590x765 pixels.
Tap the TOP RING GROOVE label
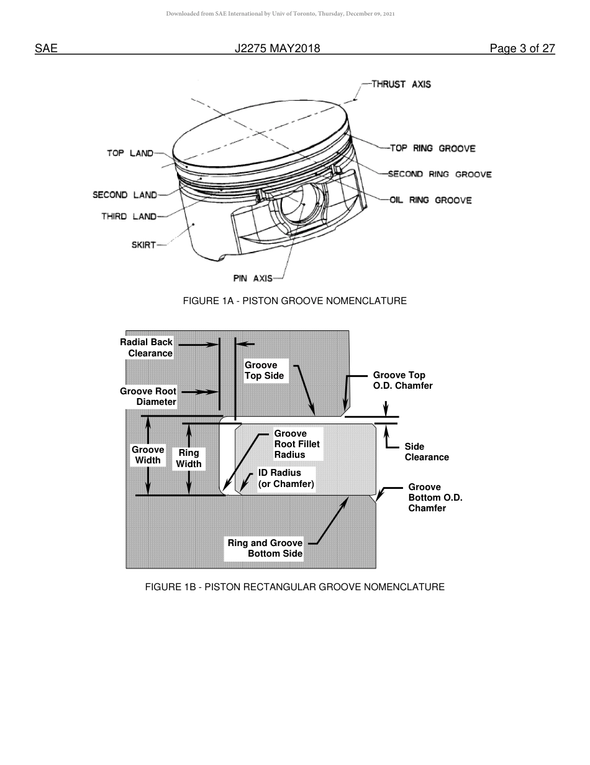pyautogui.click(x=432, y=148)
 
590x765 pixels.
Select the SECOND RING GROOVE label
pyautogui.click(x=440, y=174)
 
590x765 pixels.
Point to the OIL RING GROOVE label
pyautogui.click(x=430, y=200)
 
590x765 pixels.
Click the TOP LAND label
pyautogui.click(x=130, y=153)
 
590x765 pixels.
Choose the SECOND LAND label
pyautogui.click(x=124, y=195)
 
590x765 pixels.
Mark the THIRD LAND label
pyautogui.click(x=129, y=216)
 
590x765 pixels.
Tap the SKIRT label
pyautogui.click(x=143, y=245)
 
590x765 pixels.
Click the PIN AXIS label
pyautogui.click(x=253, y=279)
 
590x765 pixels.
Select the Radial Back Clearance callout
pyautogui.click(x=147, y=348)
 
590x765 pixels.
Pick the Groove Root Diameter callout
pyautogui.click(x=148, y=396)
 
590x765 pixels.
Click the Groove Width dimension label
pyautogui.click(x=148, y=455)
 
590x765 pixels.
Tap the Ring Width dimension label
pyautogui.click(x=189, y=458)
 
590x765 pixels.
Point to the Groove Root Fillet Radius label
pyautogui.click(x=296, y=444)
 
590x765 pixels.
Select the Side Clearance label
pyautogui.click(x=426, y=452)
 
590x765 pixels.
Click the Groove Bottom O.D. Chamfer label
pyautogui.click(x=435, y=498)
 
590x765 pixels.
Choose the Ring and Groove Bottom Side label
pyautogui.click(x=265, y=548)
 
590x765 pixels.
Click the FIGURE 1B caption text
pyautogui.click(x=294, y=586)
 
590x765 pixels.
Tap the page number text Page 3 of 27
pyautogui.click(x=522, y=49)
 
